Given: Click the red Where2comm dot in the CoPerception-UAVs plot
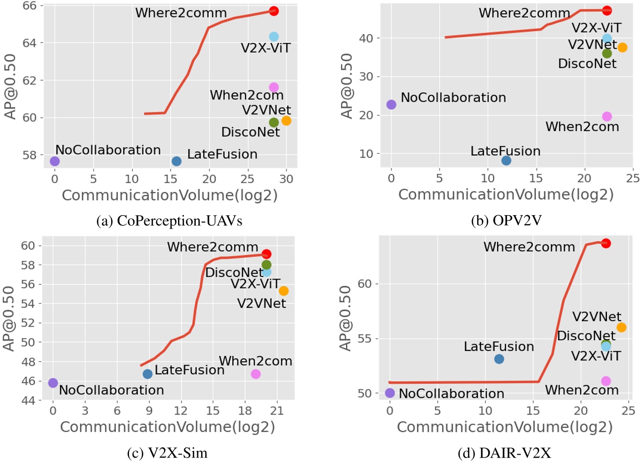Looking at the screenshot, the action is pyautogui.click(x=274, y=11).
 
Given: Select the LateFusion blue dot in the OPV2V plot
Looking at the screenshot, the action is pyautogui.click(x=506, y=160).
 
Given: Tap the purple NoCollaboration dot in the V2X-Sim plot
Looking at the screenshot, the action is pyautogui.click(x=53, y=383).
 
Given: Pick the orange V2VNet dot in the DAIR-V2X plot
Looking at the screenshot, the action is pyautogui.click(x=621, y=327).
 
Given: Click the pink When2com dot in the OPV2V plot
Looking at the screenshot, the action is pyautogui.click(x=607, y=116).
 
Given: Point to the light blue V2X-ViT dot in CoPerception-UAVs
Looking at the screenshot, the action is pyautogui.click(x=274, y=37).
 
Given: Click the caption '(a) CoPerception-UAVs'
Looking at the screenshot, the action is pyautogui.click(x=170, y=221).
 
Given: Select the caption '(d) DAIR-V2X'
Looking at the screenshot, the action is pyautogui.click(x=505, y=453).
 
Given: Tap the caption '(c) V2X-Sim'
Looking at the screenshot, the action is pyautogui.click(x=167, y=453).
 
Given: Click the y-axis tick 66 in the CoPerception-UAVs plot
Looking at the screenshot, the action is pyautogui.click(x=30, y=5).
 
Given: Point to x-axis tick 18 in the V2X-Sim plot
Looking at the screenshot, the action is pyautogui.click(x=245, y=411).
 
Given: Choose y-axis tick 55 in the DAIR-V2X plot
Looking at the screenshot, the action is pyautogui.click(x=365, y=339).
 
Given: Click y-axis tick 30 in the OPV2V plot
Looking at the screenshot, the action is pyautogui.click(x=366, y=77).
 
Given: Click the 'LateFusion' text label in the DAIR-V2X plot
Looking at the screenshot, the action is pyautogui.click(x=499, y=346).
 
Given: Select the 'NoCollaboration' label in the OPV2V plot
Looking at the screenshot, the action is pyautogui.click(x=453, y=97).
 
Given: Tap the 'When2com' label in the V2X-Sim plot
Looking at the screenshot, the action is pyautogui.click(x=256, y=361).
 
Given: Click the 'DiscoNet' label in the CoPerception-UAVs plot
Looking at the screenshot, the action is pyautogui.click(x=251, y=132).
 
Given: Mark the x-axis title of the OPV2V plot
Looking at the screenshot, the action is pyautogui.click(x=506, y=195).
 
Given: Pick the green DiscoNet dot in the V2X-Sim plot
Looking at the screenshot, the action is pyautogui.click(x=266, y=265).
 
